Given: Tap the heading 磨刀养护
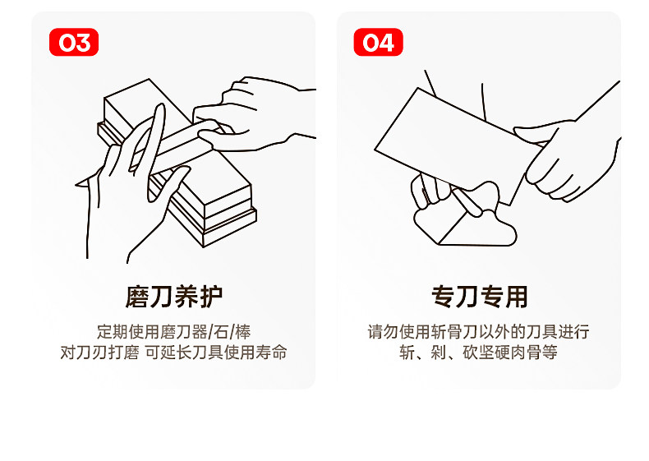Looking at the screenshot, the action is pos(173,297).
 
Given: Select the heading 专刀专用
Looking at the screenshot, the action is pos(479,297).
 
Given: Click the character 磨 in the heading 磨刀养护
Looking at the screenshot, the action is pos(137,297).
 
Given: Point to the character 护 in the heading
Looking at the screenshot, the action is pos(210,297).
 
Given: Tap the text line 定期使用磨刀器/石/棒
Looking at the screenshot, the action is pos(173,333).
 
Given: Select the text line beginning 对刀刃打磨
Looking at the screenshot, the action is pos(173,353).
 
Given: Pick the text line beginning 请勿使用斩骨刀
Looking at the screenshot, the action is pos(479,333).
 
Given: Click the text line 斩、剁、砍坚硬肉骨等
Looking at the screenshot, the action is pos(479,353).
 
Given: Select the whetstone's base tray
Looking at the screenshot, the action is pos(222,226).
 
